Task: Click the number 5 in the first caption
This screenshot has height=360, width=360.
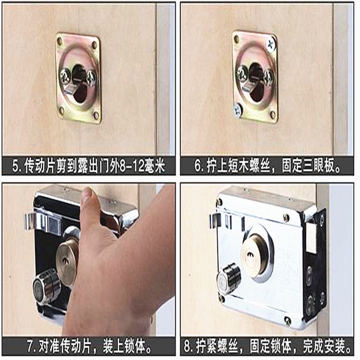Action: tap(16, 166)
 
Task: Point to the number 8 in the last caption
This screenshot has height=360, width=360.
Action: tap(188, 347)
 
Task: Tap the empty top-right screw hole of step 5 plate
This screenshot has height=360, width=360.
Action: tap(94, 44)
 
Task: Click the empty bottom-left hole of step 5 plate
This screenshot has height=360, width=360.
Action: tap(61, 111)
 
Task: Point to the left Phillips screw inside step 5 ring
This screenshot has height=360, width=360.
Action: tap(65, 76)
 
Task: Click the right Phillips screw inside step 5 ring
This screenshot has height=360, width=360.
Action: tap(91, 77)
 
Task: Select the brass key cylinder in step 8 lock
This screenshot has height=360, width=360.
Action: tap(254, 255)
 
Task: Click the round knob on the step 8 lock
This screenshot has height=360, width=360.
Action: tap(228, 278)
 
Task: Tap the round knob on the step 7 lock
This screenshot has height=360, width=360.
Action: tap(47, 287)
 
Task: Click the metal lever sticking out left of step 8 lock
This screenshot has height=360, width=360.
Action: tap(215, 221)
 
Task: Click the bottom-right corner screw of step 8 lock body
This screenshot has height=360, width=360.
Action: tap(287, 320)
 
